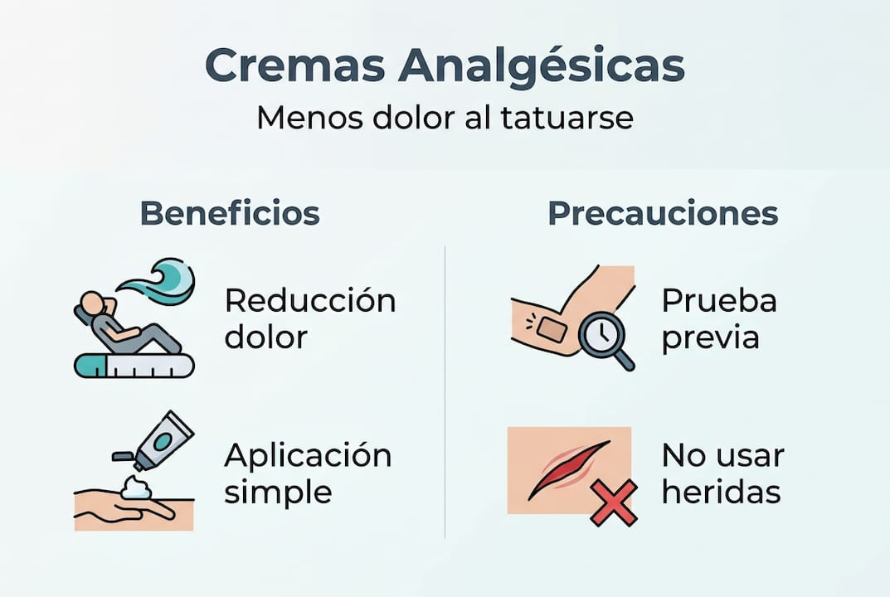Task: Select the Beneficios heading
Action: click(230, 213)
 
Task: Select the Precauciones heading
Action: click(663, 213)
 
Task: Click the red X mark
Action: click(614, 502)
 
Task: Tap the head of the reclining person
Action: click(91, 303)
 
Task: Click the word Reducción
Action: click(310, 300)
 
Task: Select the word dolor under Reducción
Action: click(265, 337)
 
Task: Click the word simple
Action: click(278, 493)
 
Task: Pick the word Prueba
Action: click(719, 300)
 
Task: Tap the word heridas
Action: click(721, 493)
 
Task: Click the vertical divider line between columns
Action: click(445, 390)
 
